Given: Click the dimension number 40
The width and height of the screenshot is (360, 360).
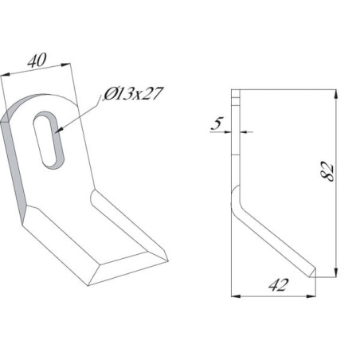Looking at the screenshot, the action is pos(37,61).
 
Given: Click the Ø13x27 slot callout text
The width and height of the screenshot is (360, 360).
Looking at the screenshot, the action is pos(133,93).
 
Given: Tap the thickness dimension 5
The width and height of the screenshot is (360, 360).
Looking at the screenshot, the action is pos(217,123).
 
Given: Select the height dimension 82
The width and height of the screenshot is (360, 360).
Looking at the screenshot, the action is pos(327,171).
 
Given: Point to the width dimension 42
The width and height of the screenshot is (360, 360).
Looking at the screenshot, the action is pos(278,285).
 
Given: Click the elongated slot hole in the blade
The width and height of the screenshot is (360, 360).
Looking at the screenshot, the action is pos(49,139).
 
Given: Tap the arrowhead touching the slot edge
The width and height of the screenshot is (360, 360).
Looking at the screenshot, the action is pos(59,129).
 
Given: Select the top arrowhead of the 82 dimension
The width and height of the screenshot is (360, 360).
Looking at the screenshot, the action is pos(336,95).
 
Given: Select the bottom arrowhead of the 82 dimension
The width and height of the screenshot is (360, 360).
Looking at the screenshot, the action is pos(336,272).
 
